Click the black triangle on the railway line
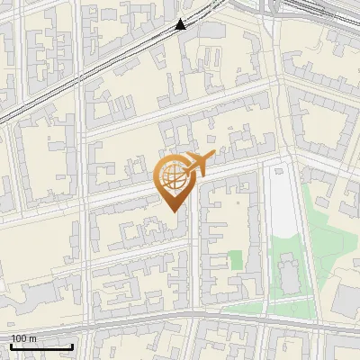click(181, 24)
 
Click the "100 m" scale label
click(23, 338)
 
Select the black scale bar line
click(41, 346)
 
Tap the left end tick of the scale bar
click(11, 345)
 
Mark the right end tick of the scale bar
click(73, 345)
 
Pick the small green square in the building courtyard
click(236, 260)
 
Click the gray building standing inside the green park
click(287, 274)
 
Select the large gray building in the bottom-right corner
click(346, 306)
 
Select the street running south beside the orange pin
click(193, 261)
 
